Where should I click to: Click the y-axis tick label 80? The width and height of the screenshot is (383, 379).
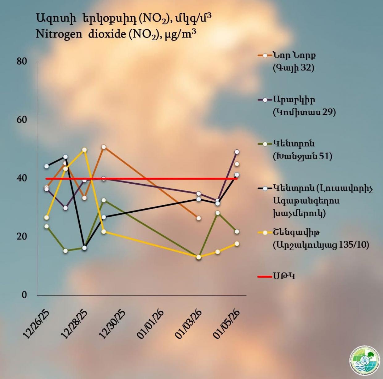(x=22, y=62)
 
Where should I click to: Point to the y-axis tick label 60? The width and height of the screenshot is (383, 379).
(x=22, y=120)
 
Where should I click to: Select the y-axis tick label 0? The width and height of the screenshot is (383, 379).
(x=24, y=295)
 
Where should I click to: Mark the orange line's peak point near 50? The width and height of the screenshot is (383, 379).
(x=104, y=147)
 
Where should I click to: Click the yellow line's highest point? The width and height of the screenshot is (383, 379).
(x=84, y=150)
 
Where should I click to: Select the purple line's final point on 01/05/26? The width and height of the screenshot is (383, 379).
(x=237, y=152)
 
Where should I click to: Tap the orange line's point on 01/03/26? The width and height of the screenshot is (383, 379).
(x=199, y=218)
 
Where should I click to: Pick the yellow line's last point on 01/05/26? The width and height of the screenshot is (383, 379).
(x=237, y=244)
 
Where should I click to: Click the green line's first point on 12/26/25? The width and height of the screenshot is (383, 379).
(x=46, y=226)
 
